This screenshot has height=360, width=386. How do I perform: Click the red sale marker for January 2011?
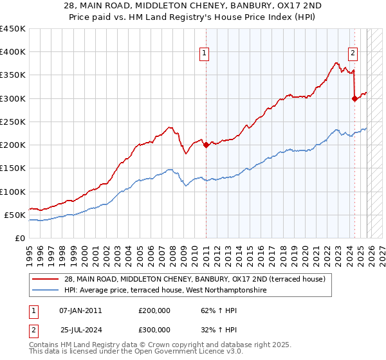[x=206, y=145]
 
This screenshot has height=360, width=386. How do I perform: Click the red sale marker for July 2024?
[x=354, y=98]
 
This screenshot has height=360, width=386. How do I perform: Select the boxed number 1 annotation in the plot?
[x=204, y=54]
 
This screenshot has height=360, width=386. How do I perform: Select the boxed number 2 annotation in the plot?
[x=353, y=54]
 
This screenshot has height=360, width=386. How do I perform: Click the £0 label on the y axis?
[x=19, y=238]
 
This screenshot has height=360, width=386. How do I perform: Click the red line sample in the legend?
[x=46, y=279]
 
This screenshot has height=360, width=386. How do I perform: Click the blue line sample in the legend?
[x=46, y=291]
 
